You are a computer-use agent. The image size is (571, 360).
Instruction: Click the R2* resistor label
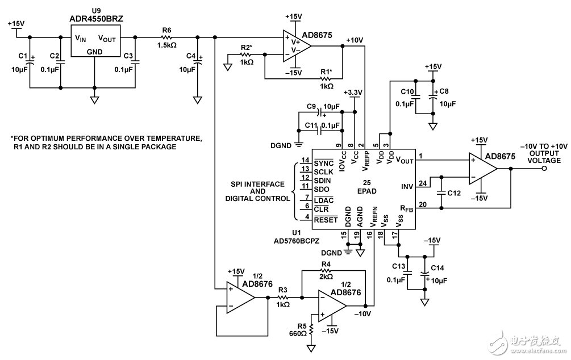tap(245, 47)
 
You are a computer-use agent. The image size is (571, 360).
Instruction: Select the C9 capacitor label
tap(310, 107)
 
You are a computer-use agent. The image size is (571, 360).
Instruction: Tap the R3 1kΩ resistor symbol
tap(283, 297)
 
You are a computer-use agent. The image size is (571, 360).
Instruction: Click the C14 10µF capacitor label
tap(439, 267)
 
